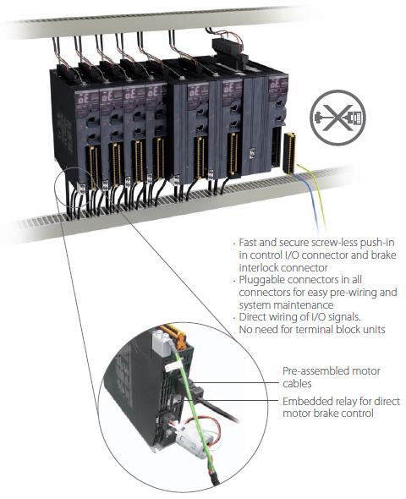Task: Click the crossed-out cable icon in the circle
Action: click(337, 118)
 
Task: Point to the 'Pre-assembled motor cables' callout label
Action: click(332, 377)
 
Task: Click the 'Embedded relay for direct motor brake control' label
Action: click(341, 407)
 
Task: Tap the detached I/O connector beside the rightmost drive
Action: click(289, 153)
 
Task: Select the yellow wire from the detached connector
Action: click(315, 195)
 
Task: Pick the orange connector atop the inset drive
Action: click(174, 334)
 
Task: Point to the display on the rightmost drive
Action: click(275, 84)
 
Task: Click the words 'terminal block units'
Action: click(341, 329)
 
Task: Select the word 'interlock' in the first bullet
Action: click(258, 267)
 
